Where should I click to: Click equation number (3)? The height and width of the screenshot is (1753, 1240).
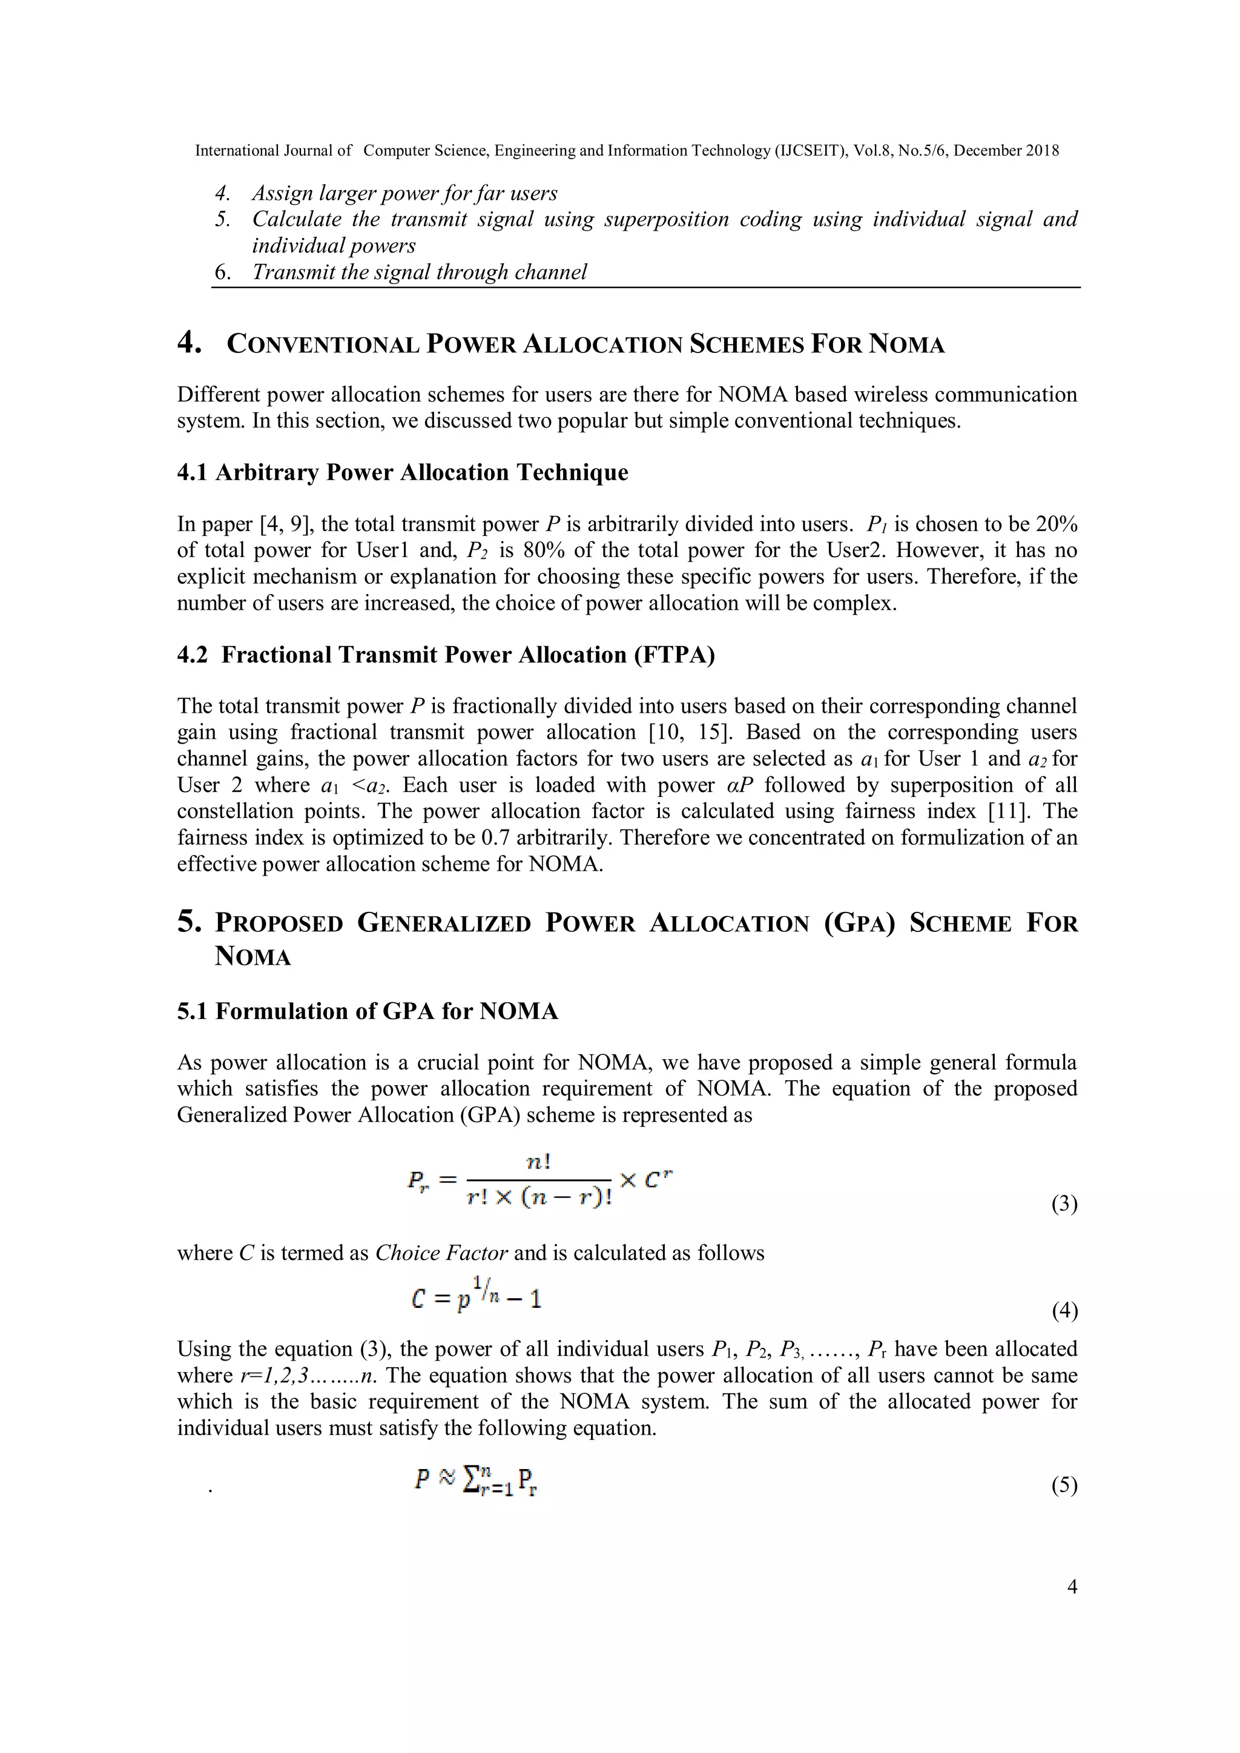tap(1064, 1204)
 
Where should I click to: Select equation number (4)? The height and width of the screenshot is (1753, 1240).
tap(1064, 1311)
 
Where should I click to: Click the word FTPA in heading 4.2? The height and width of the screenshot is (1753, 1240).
tap(674, 655)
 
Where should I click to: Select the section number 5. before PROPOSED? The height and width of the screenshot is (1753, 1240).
tap(190, 922)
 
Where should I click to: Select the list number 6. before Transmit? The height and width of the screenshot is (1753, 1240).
tap(222, 272)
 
